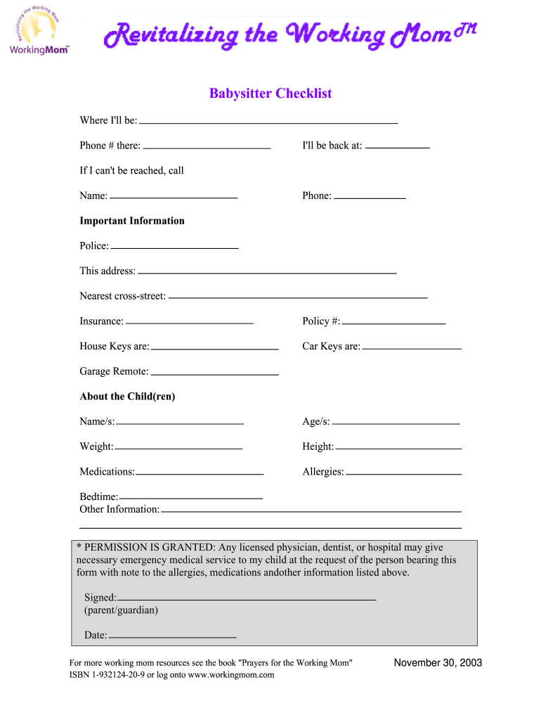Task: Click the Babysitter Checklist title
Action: point(270,94)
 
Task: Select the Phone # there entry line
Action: point(207,148)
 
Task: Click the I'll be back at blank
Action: point(398,147)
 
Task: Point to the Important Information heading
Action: point(132,221)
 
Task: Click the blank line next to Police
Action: point(174,247)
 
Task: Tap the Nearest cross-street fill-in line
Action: point(298,297)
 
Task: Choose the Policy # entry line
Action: point(393,323)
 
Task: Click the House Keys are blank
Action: point(215,348)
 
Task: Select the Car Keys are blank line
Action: point(412,348)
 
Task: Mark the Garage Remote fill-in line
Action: point(215,373)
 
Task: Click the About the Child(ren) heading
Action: point(127,397)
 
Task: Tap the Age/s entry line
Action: point(396,423)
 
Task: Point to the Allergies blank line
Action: point(403,473)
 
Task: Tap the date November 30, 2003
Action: point(438,663)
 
